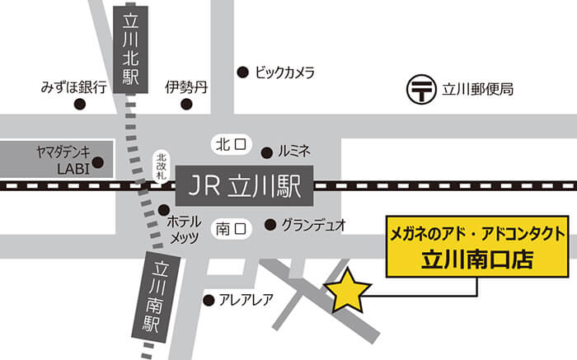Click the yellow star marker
click(348, 291)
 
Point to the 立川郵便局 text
click(478, 89)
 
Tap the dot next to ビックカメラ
click(242, 72)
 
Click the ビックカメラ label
click(285, 72)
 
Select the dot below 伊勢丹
click(187, 105)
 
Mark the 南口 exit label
click(230, 224)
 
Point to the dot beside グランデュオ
click(270, 224)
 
